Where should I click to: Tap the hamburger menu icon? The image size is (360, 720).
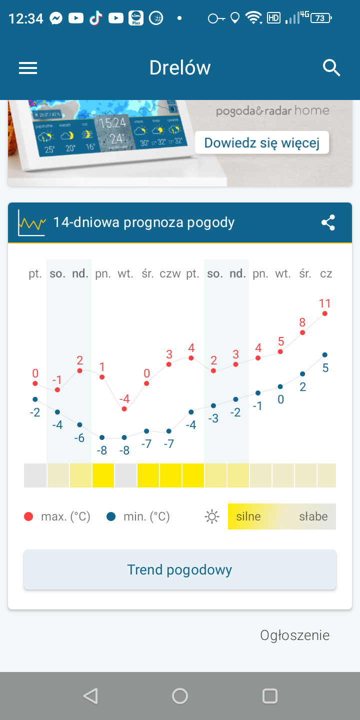pyautogui.click(x=28, y=68)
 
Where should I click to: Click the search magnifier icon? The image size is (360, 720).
pyautogui.click(x=331, y=67)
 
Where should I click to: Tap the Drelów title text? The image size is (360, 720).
pyautogui.click(x=180, y=68)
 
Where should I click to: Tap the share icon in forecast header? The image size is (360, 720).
pyautogui.click(x=328, y=222)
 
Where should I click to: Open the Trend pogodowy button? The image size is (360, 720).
pyautogui.click(x=180, y=569)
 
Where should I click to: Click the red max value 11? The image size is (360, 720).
pyautogui.click(x=325, y=303)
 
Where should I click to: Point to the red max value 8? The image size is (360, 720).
pyautogui.click(x=302, y=322)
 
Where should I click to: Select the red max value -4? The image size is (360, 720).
pyautogui.click(x=124, y=399)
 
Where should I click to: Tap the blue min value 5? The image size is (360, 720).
pyautogui.click(x=325, y=368)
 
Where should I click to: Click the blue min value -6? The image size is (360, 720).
pyautogui.click(x=79, y=438)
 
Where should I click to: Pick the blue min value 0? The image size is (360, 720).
pyautogui.click(x=280, y=399)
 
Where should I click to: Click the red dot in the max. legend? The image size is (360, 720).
pyautogui.click(x=28, y=517)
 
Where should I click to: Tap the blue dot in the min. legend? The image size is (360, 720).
pyautogui.click(x=111, y=517)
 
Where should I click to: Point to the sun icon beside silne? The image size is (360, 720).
pyautogui.click(x=212, y=517)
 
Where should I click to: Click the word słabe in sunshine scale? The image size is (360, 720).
pyautogui.click(x=313, y=516)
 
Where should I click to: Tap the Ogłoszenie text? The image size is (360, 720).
pyautogui.click(x=295, y=635)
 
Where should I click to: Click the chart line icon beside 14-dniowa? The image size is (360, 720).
pyautogui.click(x=31, y=222)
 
